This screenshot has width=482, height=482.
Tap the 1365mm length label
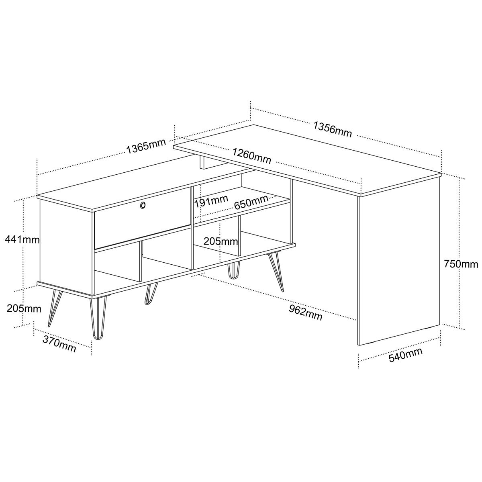coord(146,146)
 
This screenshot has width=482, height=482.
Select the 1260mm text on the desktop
coord(252,156)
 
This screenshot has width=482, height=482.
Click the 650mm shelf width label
coord(251,202)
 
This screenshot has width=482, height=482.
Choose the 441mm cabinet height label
coord(22,240)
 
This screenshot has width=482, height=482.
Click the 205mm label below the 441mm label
coord(24,308)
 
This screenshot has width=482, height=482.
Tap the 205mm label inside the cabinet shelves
coord(221,241)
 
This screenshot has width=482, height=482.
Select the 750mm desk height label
coord(461,264)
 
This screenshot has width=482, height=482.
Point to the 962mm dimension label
coord(306,312)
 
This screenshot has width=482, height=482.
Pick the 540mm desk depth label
coord(405,355)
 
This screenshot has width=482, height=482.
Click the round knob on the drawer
coord(143,205)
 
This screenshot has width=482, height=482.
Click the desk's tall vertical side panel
coord(399,260)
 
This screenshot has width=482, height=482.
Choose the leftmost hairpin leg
coord(55,308)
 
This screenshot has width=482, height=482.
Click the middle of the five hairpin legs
coord(151,293)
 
